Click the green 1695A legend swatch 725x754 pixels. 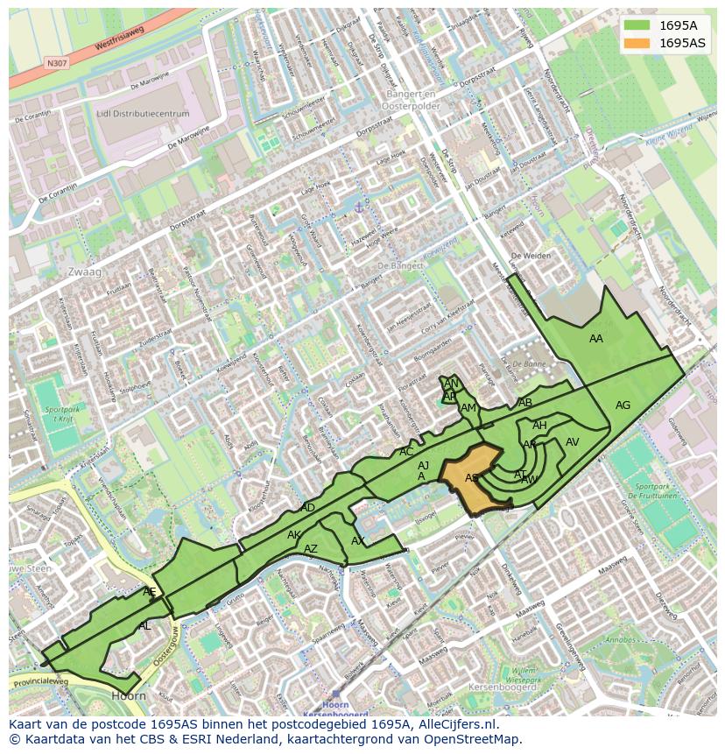[x=637, y=25]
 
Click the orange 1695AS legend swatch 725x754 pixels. [x=637, y=43]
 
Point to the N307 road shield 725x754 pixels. [x=56, y=63]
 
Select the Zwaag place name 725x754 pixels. [x=84, y=272]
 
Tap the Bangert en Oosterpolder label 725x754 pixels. [x=411, y=99]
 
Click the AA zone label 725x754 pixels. [x=596, y=339]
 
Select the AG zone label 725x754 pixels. [x=623, y=405]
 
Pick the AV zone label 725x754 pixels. [x=572, y=442]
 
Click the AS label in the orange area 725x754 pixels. [x=471, y=478]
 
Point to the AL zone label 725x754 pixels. [x=144, y=626]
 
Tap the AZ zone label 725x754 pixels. [x=311, y=549]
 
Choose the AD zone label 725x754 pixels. [x=307, y=508]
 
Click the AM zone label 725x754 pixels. [x=468, y=408]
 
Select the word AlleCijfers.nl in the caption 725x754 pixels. [x=454, y=724]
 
